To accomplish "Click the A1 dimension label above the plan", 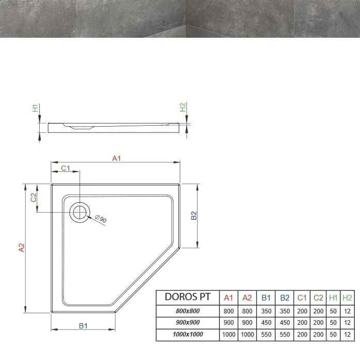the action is point(116,158).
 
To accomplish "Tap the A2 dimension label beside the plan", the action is point(21,248).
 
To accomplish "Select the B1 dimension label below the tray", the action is point(83,326).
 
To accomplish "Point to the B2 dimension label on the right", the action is point(194,216).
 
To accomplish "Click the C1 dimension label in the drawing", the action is point(66,168).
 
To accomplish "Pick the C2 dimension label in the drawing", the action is point(34,197).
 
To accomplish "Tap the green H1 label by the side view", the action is point(35,108).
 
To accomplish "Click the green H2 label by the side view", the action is point(182,107).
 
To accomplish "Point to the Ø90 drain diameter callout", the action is point(101,218).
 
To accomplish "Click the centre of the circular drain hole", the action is point(80,212).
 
